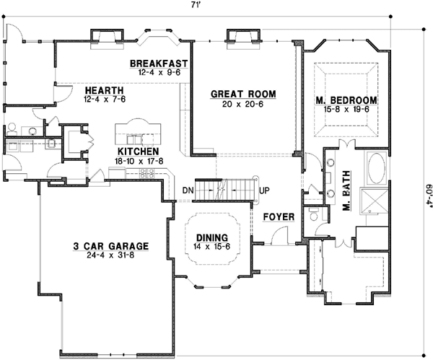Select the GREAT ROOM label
click(x=242, y=94)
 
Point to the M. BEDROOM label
click(x=346, y=99)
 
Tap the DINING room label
click(x=211, y=237)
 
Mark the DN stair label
click(x=188, y=190)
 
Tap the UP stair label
click(x=265, y=190)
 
